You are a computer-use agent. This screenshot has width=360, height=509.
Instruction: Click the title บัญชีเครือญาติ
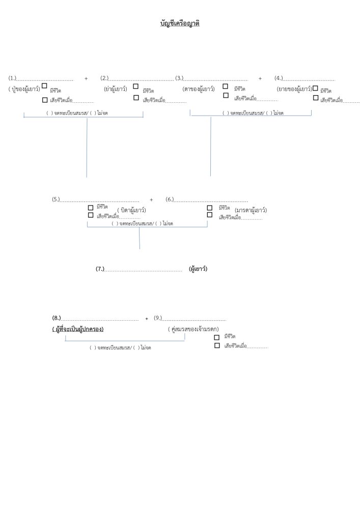[180, 23]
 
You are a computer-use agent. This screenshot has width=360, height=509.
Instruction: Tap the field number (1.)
[12, 78]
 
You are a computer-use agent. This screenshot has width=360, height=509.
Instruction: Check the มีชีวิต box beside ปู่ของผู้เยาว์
[45, 87]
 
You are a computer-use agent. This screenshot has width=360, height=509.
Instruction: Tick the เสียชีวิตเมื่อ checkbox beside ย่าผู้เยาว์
[136, 98]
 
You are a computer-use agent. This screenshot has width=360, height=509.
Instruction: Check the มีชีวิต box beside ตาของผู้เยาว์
[226, 86]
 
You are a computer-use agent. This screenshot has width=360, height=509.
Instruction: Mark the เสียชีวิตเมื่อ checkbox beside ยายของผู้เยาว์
[316, 97]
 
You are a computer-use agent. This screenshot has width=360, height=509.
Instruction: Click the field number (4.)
[279, 78]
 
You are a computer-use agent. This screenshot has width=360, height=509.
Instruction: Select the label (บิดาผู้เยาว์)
[131, 210]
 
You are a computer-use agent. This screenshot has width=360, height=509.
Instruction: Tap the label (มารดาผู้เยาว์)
[251, 210]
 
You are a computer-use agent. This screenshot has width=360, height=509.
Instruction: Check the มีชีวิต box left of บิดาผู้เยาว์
[91, 207]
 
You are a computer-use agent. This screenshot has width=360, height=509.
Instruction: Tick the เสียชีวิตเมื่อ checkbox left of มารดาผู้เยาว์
[210, 215]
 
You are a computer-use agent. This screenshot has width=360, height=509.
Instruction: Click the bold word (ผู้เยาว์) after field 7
[198, 268]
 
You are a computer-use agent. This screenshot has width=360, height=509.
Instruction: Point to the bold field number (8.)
[57, 318]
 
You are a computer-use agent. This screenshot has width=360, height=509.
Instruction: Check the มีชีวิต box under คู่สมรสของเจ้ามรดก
[217, 337]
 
